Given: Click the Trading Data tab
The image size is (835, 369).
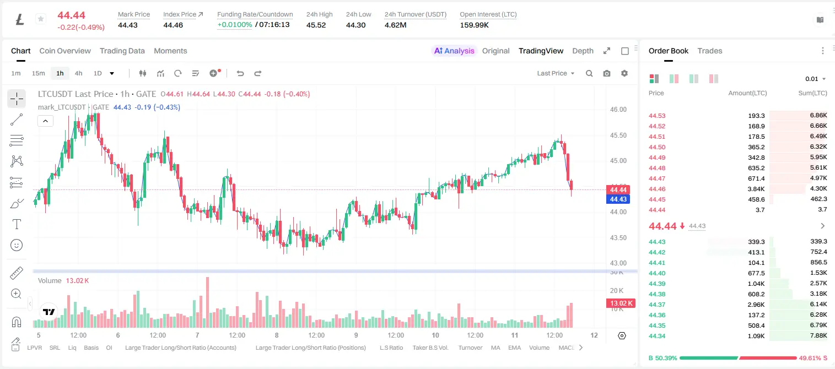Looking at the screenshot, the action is (122, 51).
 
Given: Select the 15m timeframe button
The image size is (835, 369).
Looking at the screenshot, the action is (39, 73).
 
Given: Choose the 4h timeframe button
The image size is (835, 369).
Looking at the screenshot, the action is (78, 73).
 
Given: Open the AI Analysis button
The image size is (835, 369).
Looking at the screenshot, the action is (454, 51).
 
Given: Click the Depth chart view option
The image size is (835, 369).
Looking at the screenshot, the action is (583, 51).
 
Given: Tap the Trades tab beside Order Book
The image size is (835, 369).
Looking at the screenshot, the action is (710, 51).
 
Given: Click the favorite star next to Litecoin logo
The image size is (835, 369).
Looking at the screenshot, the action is (41, 19).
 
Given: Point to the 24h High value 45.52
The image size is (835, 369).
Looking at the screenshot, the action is (316, 25).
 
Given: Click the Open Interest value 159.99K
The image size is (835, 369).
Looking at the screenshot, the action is (474, 25).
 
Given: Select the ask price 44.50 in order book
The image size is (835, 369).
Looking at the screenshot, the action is (657, 147).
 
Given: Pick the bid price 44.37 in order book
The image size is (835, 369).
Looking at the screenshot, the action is (657, 305).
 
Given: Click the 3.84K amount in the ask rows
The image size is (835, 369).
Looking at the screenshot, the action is (756, 189).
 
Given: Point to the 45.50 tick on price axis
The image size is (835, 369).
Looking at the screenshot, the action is (618, 135).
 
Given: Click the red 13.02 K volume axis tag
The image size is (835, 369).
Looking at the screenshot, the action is (621, 303).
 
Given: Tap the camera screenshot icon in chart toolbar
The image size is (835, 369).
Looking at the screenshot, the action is (607, 73).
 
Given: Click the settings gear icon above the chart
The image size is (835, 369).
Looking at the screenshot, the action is (624, 73).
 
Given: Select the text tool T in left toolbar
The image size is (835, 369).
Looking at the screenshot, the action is (17, 224).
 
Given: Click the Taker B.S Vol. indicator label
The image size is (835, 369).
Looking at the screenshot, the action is (430, 348).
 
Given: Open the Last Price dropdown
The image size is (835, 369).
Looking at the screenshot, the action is (556, 73).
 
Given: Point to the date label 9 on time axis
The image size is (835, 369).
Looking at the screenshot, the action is (356, 335).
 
